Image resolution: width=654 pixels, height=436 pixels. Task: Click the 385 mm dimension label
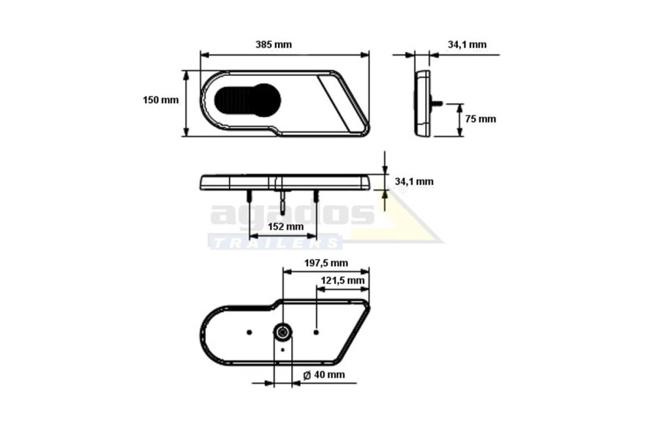273,45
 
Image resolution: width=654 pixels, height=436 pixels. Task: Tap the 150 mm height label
161,100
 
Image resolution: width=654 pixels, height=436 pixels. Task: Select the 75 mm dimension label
481,119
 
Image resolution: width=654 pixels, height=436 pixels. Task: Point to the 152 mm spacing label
286,227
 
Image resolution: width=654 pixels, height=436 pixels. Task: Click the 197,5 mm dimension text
326,263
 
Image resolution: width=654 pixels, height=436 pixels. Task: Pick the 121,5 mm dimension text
343,280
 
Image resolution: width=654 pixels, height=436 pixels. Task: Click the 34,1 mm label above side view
467,45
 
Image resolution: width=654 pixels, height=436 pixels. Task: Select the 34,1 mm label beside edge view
414,181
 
